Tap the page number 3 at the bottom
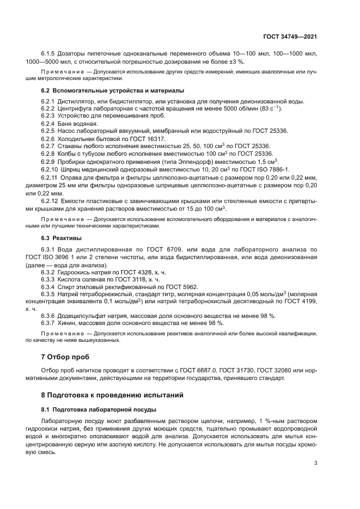tap(316, 464)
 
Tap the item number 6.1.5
tap(50, 54)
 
